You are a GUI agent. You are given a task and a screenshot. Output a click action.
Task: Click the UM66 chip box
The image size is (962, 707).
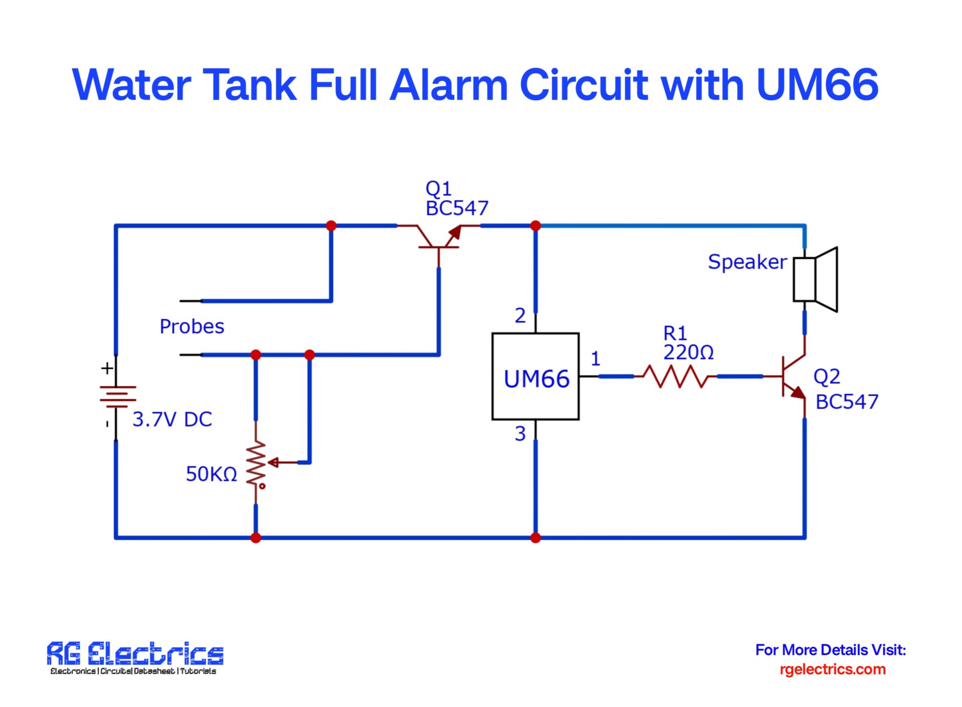point(535,376)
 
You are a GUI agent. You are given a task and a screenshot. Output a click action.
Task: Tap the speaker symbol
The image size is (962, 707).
point(815,279)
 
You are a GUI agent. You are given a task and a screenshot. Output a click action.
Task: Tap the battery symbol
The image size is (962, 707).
point(117,396)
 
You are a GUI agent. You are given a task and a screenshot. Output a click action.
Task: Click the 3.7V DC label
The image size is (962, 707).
point(172,420)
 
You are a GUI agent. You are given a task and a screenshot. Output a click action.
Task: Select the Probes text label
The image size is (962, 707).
point(192,326)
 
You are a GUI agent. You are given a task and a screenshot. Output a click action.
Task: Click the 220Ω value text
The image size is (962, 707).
point(688,352)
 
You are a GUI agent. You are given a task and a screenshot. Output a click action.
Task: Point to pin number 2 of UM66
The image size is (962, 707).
point(520,316)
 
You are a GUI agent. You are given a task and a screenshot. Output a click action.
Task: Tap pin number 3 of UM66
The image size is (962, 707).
point(520,434)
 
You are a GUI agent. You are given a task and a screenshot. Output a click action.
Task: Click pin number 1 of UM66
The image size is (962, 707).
point(596,359)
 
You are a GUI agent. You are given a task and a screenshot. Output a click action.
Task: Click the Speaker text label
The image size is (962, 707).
point(747,262)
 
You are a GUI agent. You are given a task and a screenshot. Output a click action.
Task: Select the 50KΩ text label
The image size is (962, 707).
point(211,474)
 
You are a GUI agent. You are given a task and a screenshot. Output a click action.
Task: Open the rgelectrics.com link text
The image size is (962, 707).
point(832,669)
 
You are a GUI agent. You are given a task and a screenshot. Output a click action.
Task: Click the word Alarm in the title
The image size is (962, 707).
point(449,85)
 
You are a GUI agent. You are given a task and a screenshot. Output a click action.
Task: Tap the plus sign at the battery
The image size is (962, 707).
point(107,368)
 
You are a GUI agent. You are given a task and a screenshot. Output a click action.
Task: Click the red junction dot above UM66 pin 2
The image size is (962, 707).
point(535,226)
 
